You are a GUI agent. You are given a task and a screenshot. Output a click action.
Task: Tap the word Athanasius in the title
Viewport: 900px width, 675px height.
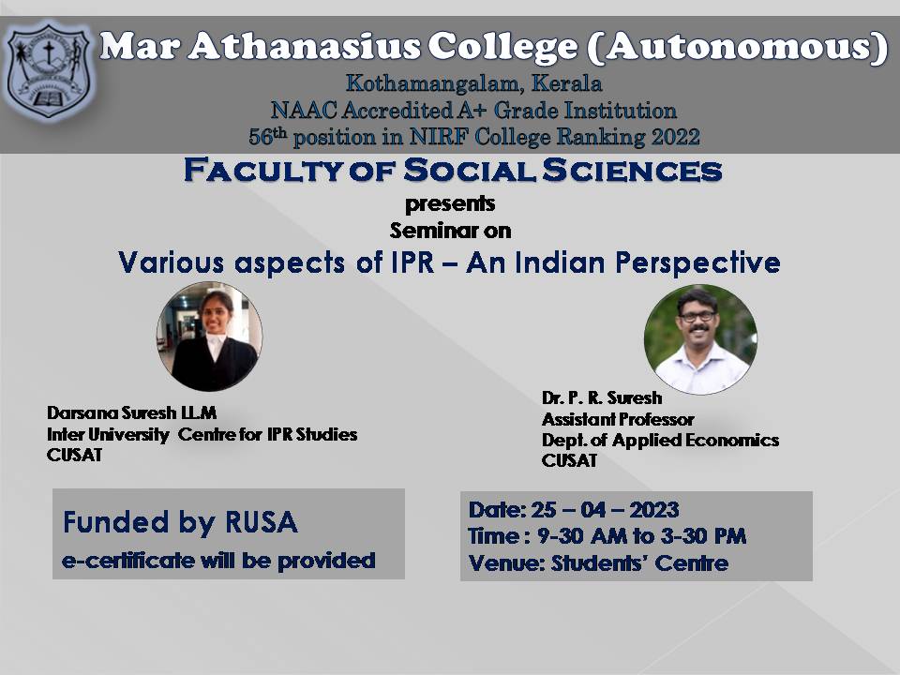pos(304,46)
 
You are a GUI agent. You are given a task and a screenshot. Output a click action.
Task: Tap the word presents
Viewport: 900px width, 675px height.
pos(450,204)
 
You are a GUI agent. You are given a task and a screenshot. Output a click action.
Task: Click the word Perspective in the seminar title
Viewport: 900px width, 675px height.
pos(697,263)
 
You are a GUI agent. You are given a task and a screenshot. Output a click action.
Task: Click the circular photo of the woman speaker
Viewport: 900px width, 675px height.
pos(209,337)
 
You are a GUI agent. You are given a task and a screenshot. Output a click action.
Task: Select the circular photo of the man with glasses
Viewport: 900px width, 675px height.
pos(700,339)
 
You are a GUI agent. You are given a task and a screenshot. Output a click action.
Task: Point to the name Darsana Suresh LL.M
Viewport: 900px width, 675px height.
pos(131,412)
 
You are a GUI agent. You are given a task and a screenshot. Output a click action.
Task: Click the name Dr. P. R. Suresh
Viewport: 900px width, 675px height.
pos(602,397)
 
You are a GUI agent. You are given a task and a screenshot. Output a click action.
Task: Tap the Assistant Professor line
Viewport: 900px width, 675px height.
pos(618,419)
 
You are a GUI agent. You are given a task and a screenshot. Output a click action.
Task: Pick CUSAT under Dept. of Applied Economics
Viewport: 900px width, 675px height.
pos(569,460)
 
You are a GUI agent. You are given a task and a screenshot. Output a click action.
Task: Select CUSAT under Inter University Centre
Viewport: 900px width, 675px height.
pos(75,455)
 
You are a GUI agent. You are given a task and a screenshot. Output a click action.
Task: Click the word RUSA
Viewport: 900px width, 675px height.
pos(262,522)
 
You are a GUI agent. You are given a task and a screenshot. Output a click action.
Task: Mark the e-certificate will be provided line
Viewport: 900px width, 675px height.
pos(218,561)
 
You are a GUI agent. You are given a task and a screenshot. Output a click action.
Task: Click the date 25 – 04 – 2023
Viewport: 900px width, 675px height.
pos(605,510)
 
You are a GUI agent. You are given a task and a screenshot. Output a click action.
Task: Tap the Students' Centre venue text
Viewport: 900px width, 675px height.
pos(639,563)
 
